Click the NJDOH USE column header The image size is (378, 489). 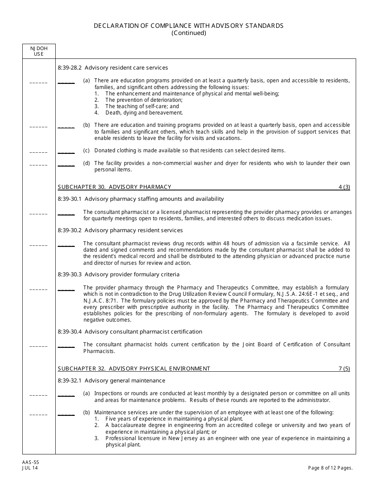(x=39, y=51)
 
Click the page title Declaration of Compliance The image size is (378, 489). (x=189, y=25)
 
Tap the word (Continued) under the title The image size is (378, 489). (x=189, y=33)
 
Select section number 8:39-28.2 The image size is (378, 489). (x=70, y=68)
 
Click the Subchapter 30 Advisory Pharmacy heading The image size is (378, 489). (x=115, y=187)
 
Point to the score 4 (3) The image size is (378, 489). (x=344, y=187)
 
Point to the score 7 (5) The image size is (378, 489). (x=344, y=369)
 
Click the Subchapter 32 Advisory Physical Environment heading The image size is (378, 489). (x=134, y=369)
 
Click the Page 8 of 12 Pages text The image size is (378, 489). (x=330, y=468)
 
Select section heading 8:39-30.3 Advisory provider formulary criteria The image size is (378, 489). (x=119, y=274)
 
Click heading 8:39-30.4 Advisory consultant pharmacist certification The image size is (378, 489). (x=130, y=332)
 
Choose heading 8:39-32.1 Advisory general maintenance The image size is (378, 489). (x=111, y=380)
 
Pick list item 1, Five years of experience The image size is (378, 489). (x=174, y=419)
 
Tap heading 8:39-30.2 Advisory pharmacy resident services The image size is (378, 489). (x=120, y=230)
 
